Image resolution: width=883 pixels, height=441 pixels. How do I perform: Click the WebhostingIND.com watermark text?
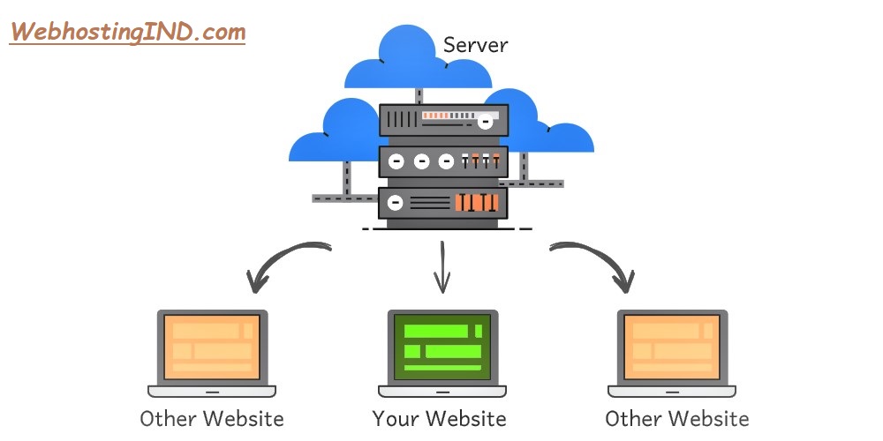point(127,33)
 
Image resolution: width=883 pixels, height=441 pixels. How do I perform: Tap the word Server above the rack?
point(475,44)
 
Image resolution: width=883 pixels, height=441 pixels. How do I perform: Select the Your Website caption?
point(439,417)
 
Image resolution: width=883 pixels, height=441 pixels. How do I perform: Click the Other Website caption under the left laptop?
point(212,417)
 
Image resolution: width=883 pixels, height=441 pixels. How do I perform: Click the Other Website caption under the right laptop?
point(676,417)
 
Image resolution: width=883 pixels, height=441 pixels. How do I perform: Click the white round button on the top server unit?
point(485,123)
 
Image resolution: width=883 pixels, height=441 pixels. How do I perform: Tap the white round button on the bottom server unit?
point(396,203)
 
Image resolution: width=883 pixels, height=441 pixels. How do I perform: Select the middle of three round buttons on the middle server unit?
point(421,161)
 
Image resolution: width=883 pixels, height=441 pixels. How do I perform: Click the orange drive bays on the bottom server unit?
point(477,203)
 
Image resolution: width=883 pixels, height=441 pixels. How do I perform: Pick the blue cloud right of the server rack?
point(547,132)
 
